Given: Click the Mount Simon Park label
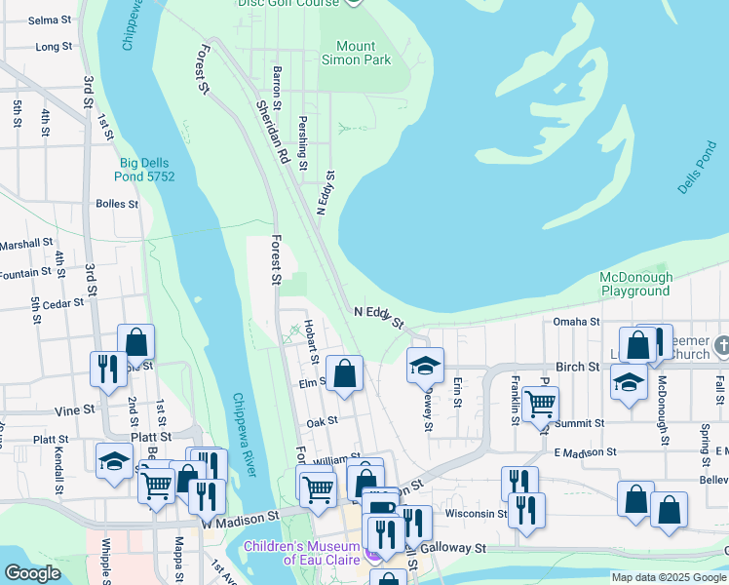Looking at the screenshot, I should pos(356,53).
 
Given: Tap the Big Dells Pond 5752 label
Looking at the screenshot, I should pos(147,169).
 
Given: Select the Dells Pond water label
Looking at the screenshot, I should pos(699,170).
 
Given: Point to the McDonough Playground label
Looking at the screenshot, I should pos(634,284).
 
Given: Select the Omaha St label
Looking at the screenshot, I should pos(578,322).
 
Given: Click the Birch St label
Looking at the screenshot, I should pos(577,366).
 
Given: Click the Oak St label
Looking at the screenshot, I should pos(321,421).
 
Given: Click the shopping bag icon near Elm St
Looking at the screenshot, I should pos(344,373).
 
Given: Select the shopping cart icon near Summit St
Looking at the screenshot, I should pos(539,403).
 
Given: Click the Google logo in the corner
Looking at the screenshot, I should pos(31,573).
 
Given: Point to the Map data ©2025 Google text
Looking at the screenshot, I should pos(669,577).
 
